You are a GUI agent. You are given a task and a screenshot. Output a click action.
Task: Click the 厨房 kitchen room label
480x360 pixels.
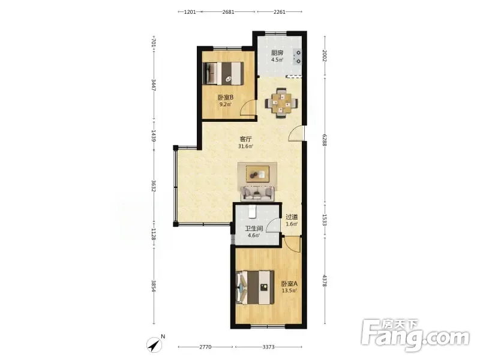coord(277,53)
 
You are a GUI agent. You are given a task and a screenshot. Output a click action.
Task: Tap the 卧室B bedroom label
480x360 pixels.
coord(226,97)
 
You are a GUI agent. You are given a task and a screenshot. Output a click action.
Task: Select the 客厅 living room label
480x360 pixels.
coord(245,139)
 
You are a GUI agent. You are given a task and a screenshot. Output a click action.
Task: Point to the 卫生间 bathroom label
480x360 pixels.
coord(254,229)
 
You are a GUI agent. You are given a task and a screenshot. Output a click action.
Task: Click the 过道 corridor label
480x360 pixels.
coord(292,217)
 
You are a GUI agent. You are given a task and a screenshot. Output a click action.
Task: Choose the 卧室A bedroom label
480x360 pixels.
coord(289,283)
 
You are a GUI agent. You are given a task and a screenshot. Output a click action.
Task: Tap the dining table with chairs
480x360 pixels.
coord(281,103)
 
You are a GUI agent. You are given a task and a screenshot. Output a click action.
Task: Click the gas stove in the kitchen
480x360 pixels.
coord(297,57)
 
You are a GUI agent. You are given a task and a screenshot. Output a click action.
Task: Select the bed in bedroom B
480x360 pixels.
coord(224,73)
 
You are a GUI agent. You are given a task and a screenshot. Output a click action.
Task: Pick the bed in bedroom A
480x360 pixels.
coord(254,287)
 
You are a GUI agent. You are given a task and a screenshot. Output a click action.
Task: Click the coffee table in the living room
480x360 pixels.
coord(257,174)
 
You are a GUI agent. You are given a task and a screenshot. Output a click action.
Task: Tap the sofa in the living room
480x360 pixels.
coord(257,193)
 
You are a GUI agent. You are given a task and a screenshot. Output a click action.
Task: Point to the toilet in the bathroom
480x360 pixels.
coord(252,211)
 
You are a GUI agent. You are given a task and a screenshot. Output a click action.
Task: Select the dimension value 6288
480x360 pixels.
coord(325,140)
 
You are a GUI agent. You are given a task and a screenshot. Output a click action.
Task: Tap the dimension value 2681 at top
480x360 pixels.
coord(229,12)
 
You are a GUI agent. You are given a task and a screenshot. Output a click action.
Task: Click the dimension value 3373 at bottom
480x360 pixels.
coord(268,347)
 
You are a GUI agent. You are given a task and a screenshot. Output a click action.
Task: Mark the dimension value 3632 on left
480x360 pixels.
coord(154,186)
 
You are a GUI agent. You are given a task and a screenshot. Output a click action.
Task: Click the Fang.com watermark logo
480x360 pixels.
coord(415,335)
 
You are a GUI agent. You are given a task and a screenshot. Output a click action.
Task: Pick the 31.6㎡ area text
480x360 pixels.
coord(245,146)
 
